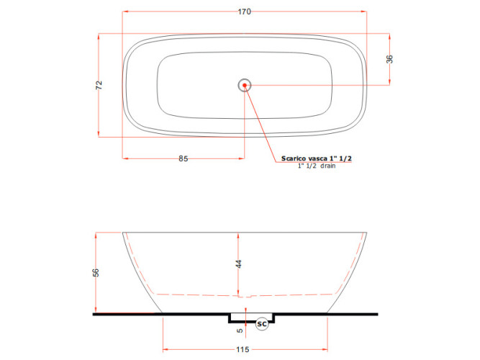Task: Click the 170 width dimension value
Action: [x=244, y=12]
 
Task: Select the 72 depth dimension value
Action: [x=99, y=85]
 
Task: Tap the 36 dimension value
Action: [x=389, y=59]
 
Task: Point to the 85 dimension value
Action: [x=183, y=158]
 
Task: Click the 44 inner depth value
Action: [x=238, y=264]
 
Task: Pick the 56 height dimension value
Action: [x=96, y=272]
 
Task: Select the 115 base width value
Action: [x=243, y=349]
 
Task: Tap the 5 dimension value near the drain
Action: [x=240, y=330]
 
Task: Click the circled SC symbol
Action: [x=262, y=324]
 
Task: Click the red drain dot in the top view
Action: [x=245, y=85]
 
